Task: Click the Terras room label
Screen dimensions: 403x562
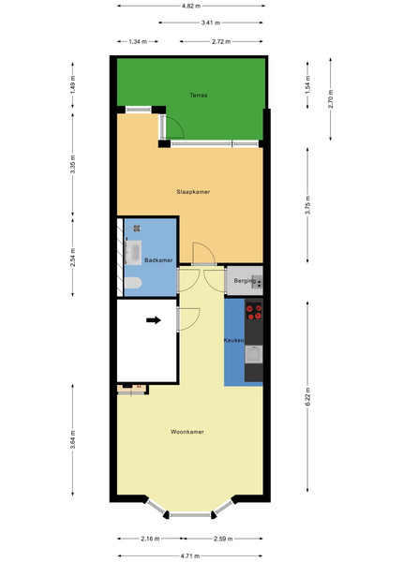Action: [x=199, y=96]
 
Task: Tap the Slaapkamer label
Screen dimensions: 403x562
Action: [x=193, y=192]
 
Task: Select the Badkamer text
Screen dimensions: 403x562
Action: [x=158, y=260]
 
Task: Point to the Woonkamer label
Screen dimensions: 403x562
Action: [x=187, y=432]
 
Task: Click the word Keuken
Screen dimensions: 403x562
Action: [x=234, y=341]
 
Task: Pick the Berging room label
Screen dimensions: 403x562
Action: [x=245, y=281]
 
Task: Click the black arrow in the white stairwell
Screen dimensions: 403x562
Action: [x=154, y=320]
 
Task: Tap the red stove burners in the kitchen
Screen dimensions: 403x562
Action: [x=254, y=311]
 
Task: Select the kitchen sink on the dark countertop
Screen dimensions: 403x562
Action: [x=254, y=355]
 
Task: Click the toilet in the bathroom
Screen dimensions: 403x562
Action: [x=133, y=283]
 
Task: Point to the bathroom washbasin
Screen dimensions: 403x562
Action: [x=133, y=253]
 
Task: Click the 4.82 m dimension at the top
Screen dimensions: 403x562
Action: [x=191, y=6]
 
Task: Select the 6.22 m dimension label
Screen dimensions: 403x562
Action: [x=307, y=397]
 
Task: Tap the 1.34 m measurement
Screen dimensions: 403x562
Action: [x=138, y=41]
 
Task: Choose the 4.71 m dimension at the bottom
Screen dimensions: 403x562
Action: [x=190, y=555]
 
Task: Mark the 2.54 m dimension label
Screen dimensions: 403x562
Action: [x=73, y=258]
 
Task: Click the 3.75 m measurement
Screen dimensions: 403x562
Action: [x=307, y=205]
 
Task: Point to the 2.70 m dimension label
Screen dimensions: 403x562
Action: [x=331, y=99]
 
